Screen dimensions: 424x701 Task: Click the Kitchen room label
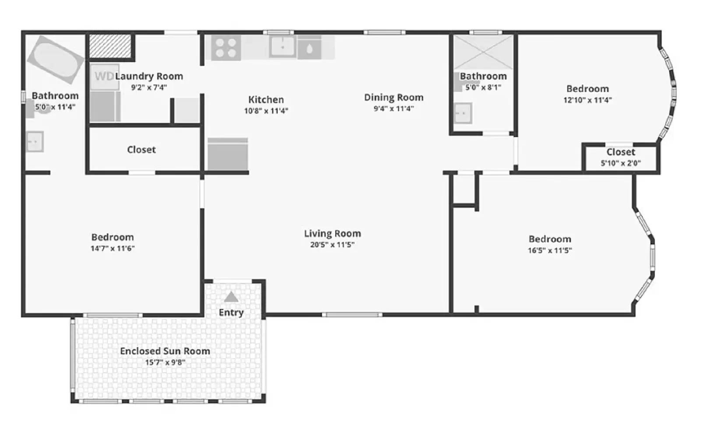tap(266, 100)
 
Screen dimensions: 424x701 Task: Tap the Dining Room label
tap(393, 97)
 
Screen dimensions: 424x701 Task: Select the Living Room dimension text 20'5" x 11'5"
tap(332, 245)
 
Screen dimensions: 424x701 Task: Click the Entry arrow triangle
tap(231, 297)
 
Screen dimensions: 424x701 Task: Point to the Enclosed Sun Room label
tap(165, 351)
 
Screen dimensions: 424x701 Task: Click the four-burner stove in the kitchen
tap(226, 48)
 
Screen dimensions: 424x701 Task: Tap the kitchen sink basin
tap(283, 46)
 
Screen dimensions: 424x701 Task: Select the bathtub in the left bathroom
tap(56, 59)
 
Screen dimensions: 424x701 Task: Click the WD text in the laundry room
tap(104, 76)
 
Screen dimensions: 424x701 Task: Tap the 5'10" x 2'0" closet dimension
tap(620, 163)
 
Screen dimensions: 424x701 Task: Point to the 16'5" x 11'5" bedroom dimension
tap(549, 250)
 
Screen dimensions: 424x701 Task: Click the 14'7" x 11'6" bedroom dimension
tap(112, 248)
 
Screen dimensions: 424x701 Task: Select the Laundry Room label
tap(149, 76)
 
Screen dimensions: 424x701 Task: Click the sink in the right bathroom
tap(463, 113)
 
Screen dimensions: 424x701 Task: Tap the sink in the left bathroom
tap(35, 142)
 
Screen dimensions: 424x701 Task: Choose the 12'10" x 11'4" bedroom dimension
tap(587, 100)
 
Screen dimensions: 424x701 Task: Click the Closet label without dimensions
tap(141, 150)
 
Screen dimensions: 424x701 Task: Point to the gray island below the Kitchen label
tap(227, 154)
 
